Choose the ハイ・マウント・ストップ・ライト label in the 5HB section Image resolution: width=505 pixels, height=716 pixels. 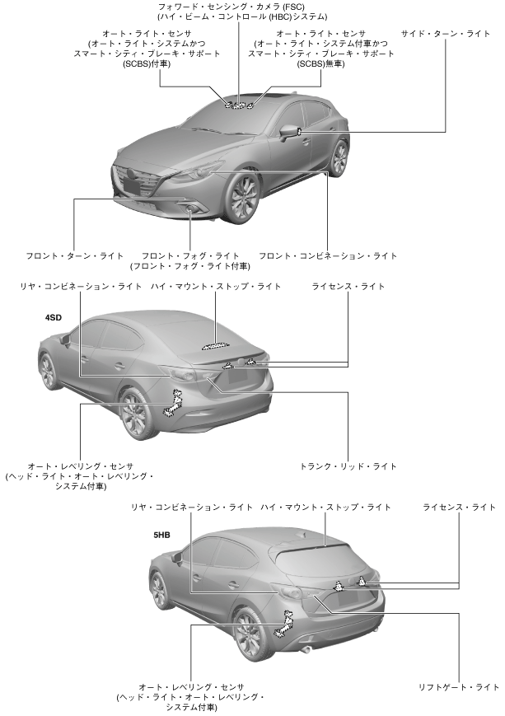coord(326,506)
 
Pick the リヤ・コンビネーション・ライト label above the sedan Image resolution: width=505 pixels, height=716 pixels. coord(82,287)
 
